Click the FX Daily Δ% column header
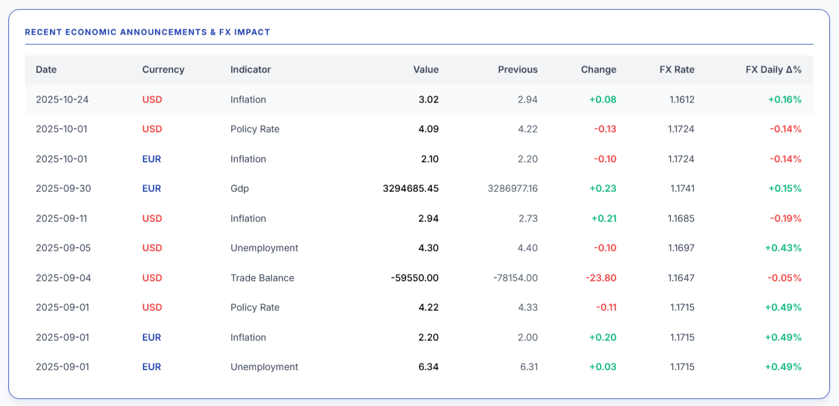pos(774,70)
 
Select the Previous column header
pos(518,70)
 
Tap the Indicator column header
pos(250,70)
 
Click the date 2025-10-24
pos(62,100)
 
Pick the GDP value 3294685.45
pos(410,189)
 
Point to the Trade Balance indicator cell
pos(262,278)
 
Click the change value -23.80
pos(601,278)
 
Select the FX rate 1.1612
pos(682,100)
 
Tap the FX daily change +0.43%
pos(783,248)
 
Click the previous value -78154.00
pos(515,278)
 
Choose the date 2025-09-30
pos(63,189)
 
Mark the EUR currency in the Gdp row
pos(151,189)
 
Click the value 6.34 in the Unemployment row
pos(428,367)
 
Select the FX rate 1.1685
pos(681,219)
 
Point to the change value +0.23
pos(602,189)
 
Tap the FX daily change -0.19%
pos(786,219)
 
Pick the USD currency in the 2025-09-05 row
pos(152,248)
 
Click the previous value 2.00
pos(527,338)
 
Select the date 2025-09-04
pos(63,278)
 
